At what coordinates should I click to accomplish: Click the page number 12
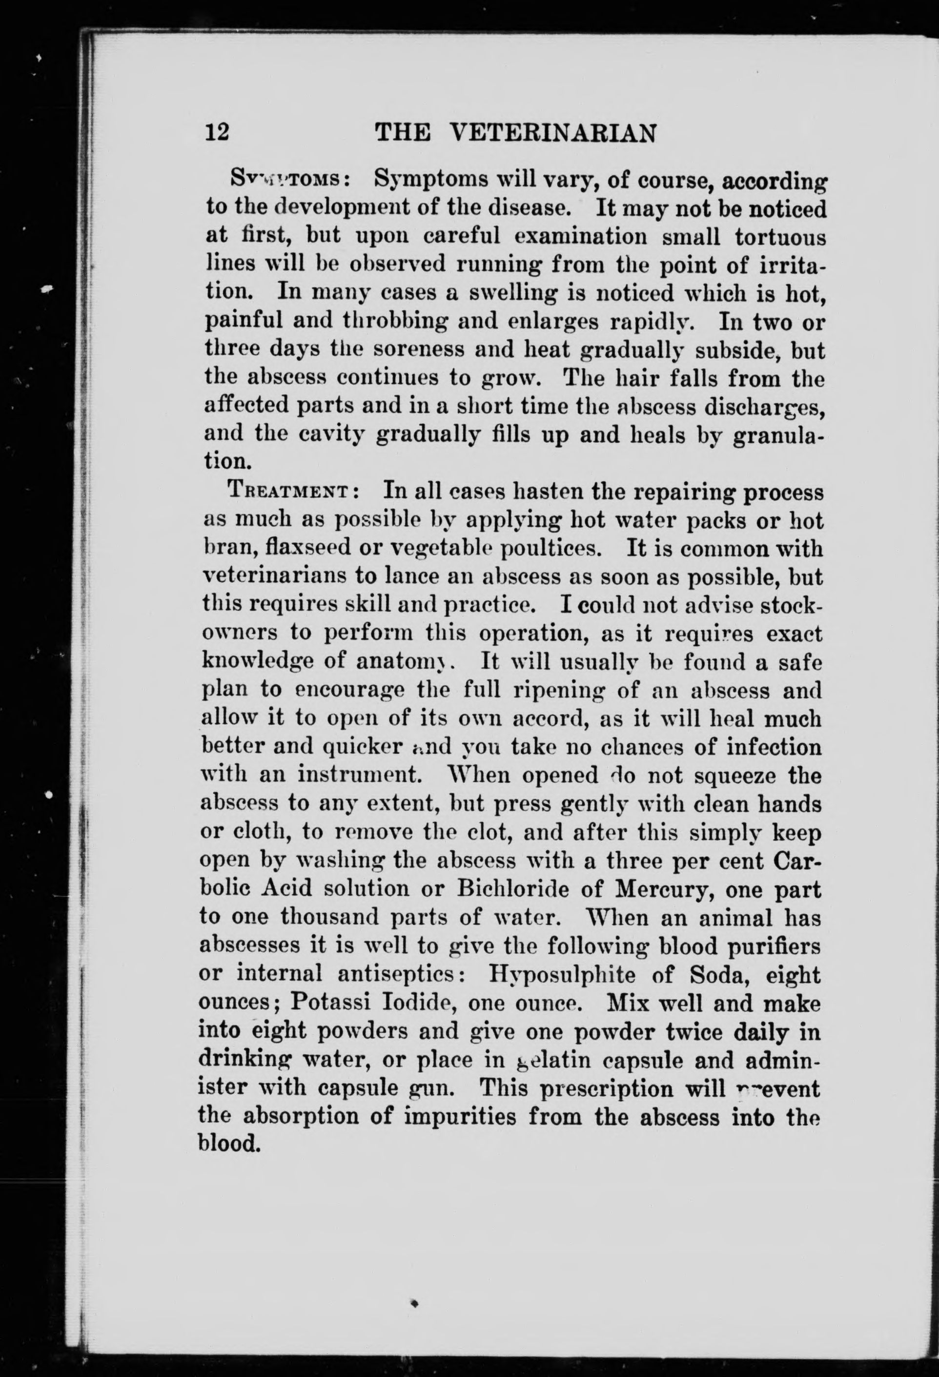click(x=217, y=132)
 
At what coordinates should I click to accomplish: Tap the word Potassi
click(x=332, y=1003)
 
